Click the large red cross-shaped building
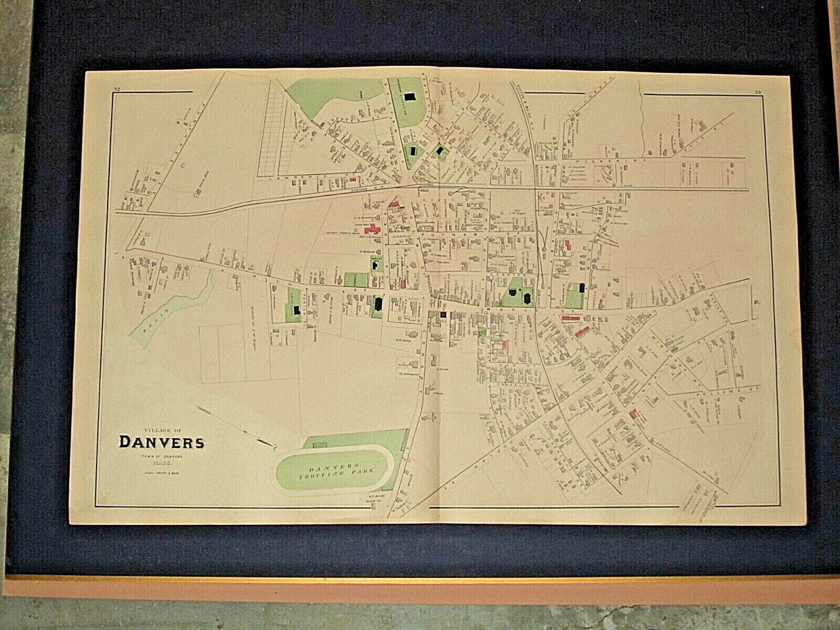(374, 229)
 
